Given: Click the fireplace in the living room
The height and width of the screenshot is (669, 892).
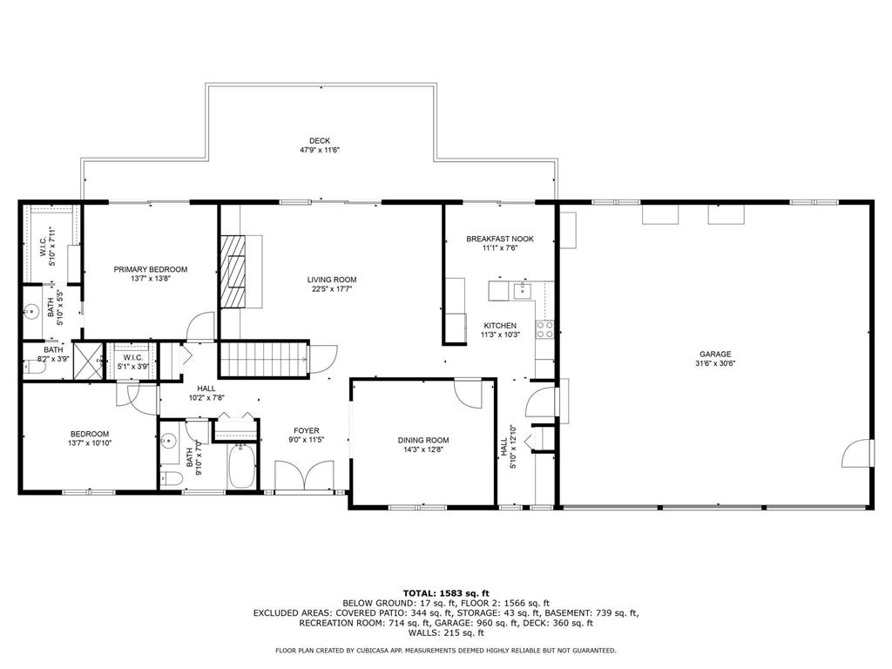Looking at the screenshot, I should click(233, 271).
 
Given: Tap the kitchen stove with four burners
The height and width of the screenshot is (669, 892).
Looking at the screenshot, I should click(544, 329).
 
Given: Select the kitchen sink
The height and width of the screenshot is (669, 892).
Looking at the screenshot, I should click(524, 289).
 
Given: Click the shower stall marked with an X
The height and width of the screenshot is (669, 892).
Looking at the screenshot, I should click(88, 360).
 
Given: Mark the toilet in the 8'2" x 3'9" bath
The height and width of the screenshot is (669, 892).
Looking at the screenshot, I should click(33, 368).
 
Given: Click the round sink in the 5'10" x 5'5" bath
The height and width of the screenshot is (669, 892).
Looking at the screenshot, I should click(31, 309).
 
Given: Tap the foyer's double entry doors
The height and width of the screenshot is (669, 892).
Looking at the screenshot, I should click(305, 476).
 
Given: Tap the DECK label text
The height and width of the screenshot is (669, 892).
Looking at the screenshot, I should click(319, 141).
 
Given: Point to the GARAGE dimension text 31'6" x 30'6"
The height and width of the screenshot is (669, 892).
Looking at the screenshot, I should click(714, 364).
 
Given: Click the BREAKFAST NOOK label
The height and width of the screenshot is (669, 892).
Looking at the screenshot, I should click(499, 239).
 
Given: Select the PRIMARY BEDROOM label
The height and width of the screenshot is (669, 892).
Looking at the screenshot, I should click(150, 269).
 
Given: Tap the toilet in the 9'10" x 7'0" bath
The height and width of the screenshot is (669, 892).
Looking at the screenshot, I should click(172, 480).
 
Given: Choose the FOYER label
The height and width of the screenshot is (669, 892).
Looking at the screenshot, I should click(306, 430).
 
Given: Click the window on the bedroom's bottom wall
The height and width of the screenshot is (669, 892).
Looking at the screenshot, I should click(88, 493).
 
